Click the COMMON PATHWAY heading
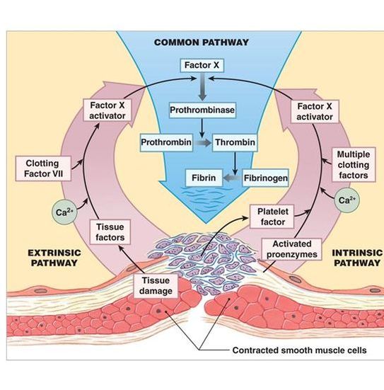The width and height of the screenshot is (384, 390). click(202, 42)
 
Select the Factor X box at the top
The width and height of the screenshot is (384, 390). click(202, 66)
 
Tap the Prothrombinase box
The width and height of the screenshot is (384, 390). click(202, 111)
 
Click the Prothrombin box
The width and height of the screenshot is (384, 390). click(165, 142)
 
